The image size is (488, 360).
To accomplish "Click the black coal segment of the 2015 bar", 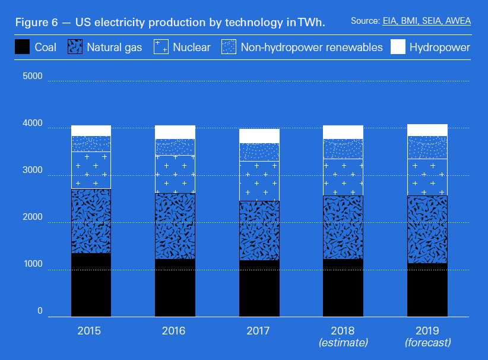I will (91, 285).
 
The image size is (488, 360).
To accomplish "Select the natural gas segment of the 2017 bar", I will (259, 230).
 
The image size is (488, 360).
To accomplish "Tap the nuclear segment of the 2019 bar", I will (427, 177).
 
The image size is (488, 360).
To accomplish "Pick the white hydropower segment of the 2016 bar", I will (175, 132).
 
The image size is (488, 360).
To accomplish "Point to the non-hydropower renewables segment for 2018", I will (343, 149).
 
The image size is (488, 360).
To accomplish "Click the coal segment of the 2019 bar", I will (427, 290).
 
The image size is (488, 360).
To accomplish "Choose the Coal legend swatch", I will (22, 47).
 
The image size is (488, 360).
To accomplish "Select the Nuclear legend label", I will (192, 47).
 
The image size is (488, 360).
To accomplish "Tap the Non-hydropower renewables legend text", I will (312, 47).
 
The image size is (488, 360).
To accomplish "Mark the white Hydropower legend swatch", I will (398, 47).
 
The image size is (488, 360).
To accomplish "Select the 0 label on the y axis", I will (40, 311).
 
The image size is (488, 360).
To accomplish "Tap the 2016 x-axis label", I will (174, 330).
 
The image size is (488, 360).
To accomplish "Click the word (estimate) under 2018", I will (343, 343).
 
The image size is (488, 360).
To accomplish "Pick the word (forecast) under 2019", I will (427, 343).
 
